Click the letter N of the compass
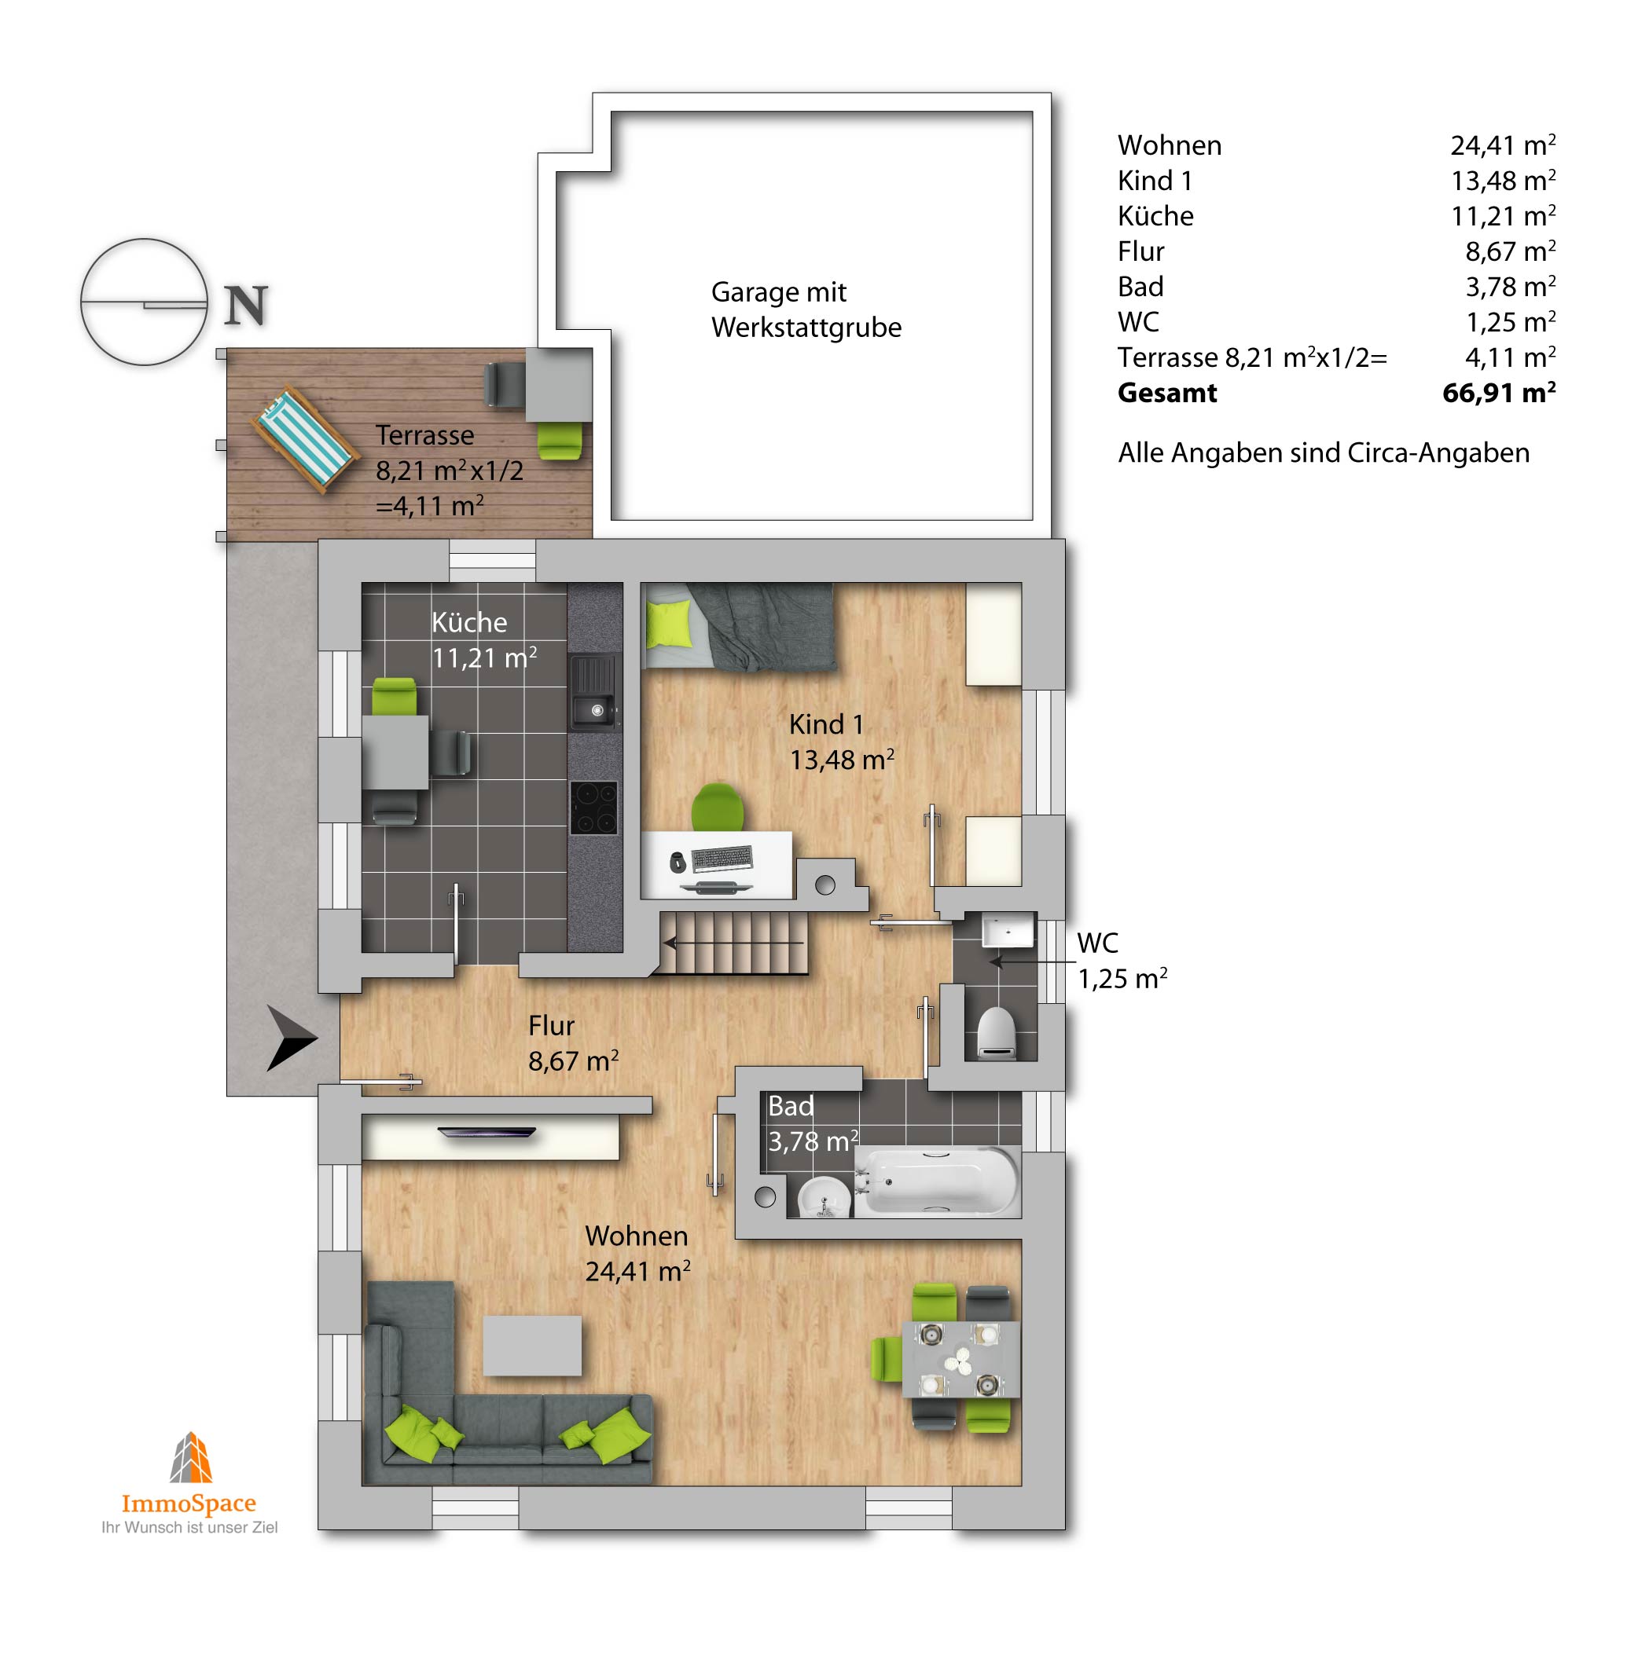246,306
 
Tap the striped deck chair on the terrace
304,441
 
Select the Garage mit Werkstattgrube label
806,310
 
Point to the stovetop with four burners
593,808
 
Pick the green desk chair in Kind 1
718,807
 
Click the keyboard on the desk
721,858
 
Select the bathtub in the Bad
937,1181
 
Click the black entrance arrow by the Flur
291,1038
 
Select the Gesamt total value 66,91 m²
1499,392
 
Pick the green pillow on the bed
668,624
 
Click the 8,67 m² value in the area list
1510,251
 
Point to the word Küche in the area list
1155,215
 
